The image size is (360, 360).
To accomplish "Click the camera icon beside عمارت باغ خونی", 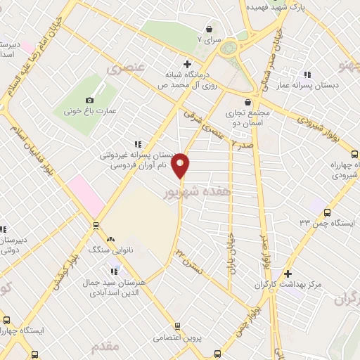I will click(93, 101).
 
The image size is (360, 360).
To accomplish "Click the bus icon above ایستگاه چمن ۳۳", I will click(326, 212).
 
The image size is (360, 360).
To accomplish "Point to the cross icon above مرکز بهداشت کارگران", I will click(288, 273).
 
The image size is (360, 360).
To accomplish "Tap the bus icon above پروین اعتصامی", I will click(176, 326).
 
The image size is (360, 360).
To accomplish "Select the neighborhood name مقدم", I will click(105, 347).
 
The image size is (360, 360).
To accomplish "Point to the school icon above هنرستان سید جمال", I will click(113, 271).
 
